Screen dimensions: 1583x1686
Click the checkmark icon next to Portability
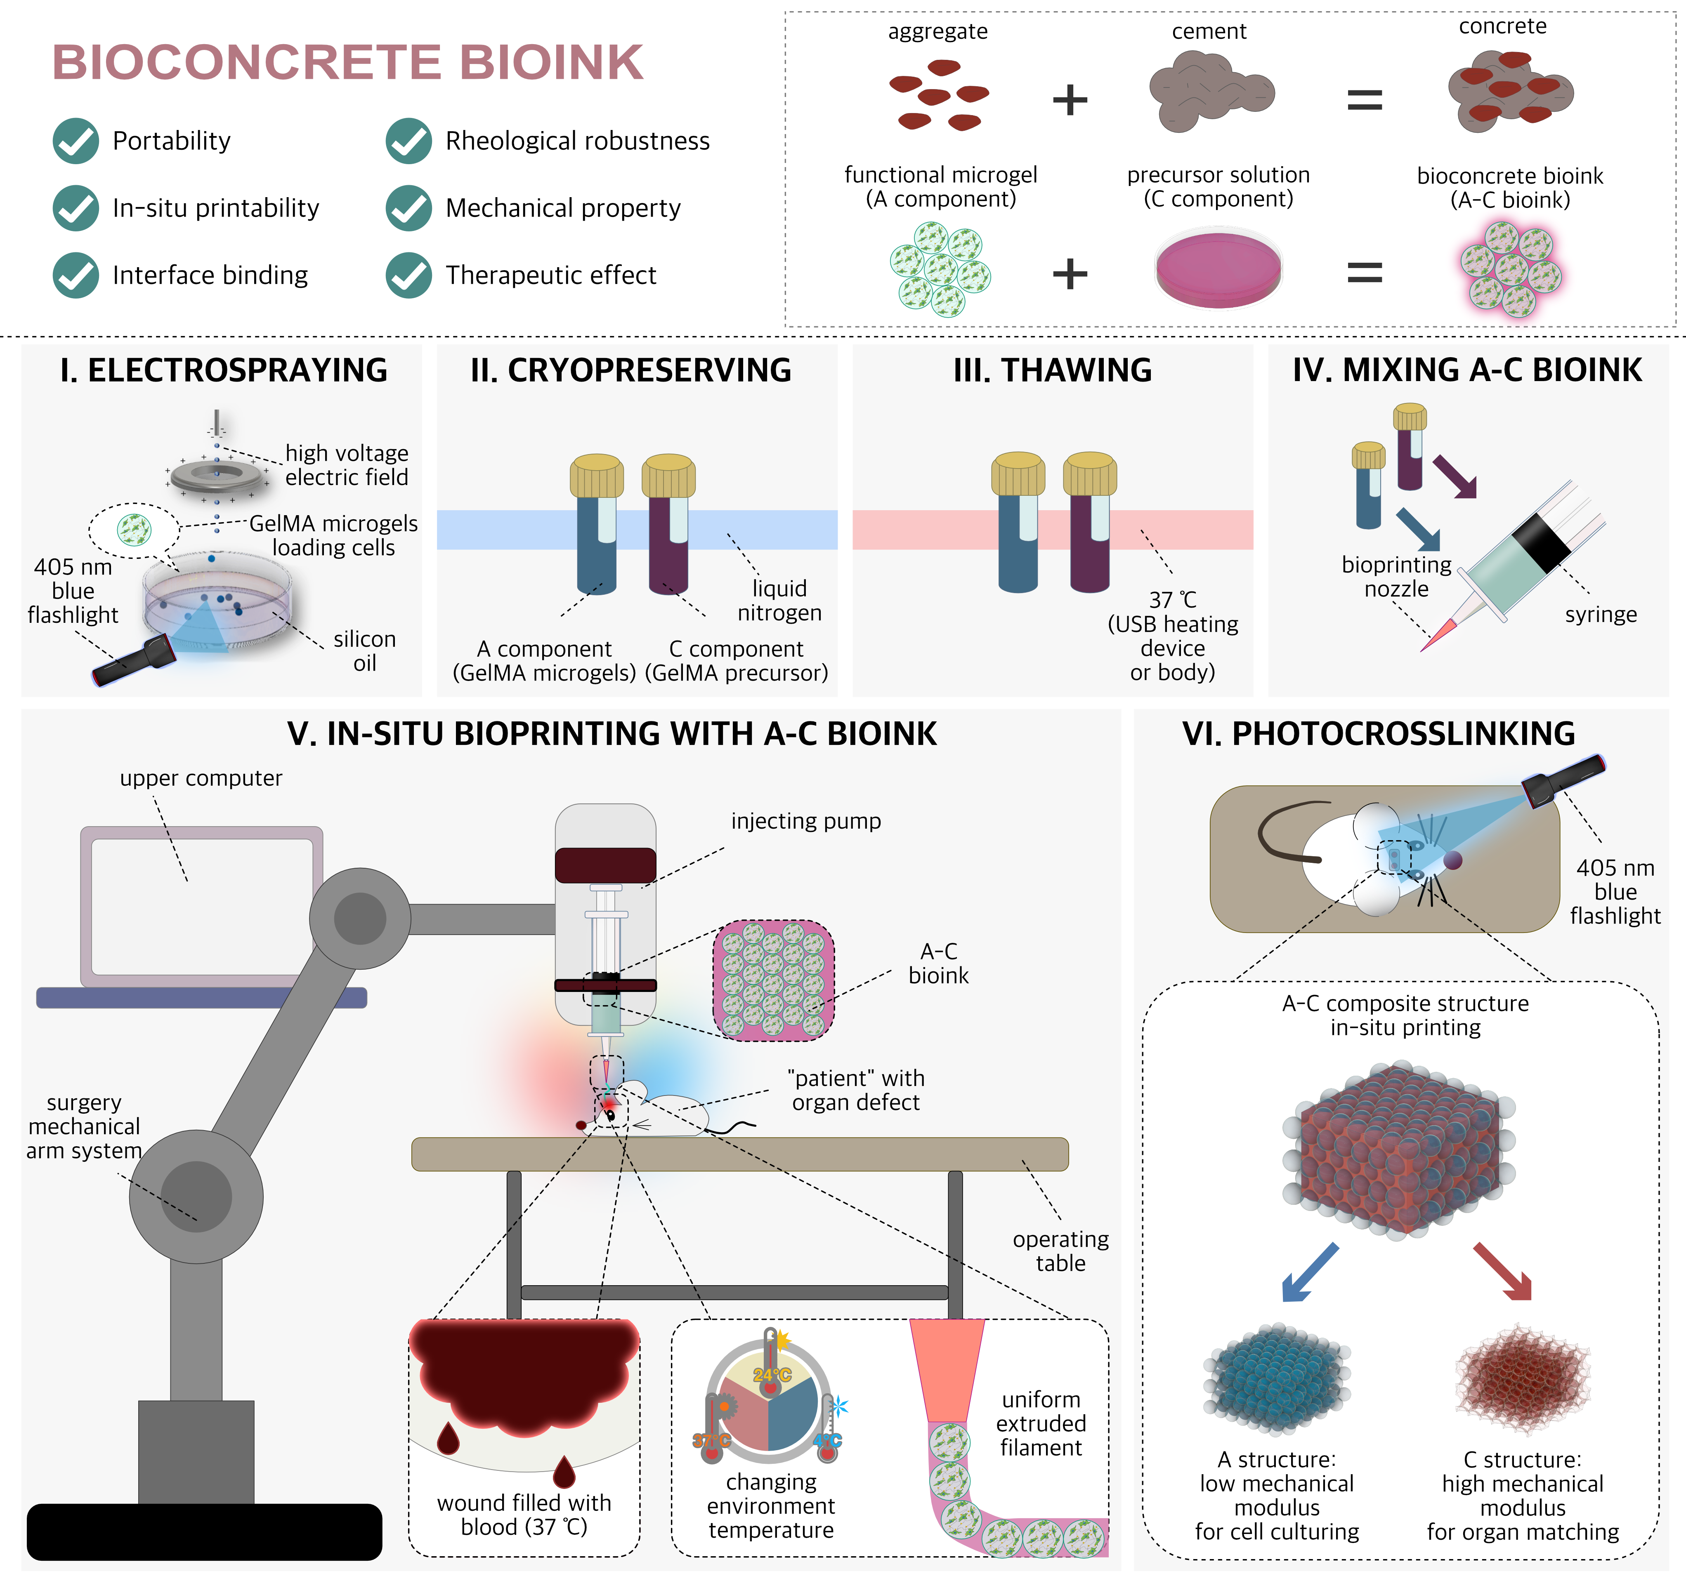click(76, 141)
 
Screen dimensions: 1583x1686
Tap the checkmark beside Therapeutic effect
click(409, 276)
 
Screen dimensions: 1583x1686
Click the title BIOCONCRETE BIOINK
click(348, 63)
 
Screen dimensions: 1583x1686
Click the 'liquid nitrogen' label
click(779, 600)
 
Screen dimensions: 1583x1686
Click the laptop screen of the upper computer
click(202, 905)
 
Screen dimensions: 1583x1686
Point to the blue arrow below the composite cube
click(1308, 1272)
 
